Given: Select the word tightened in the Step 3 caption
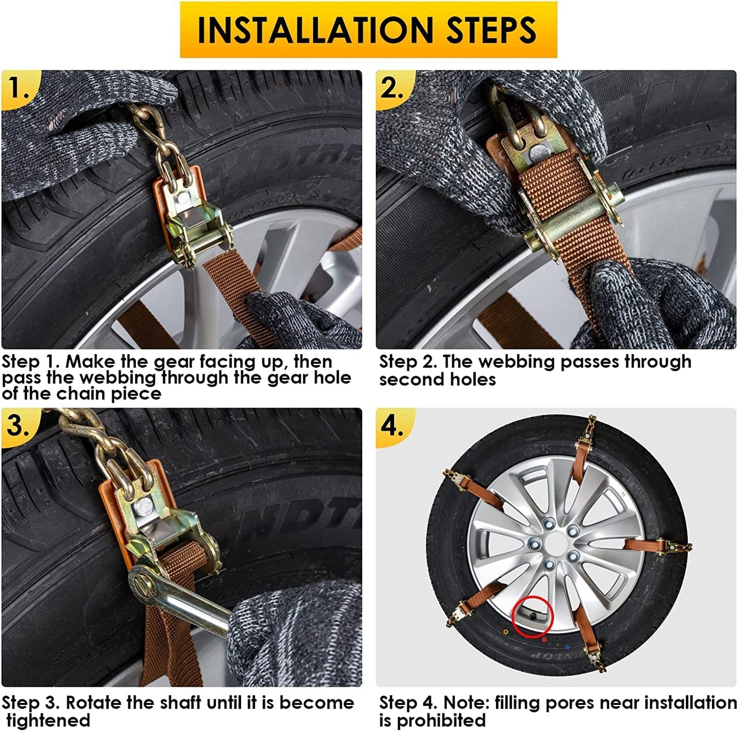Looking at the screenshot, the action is pyautogui.click(x=48, y=720).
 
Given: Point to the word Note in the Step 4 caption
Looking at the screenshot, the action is pyautogui.click(x=465, y=703).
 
